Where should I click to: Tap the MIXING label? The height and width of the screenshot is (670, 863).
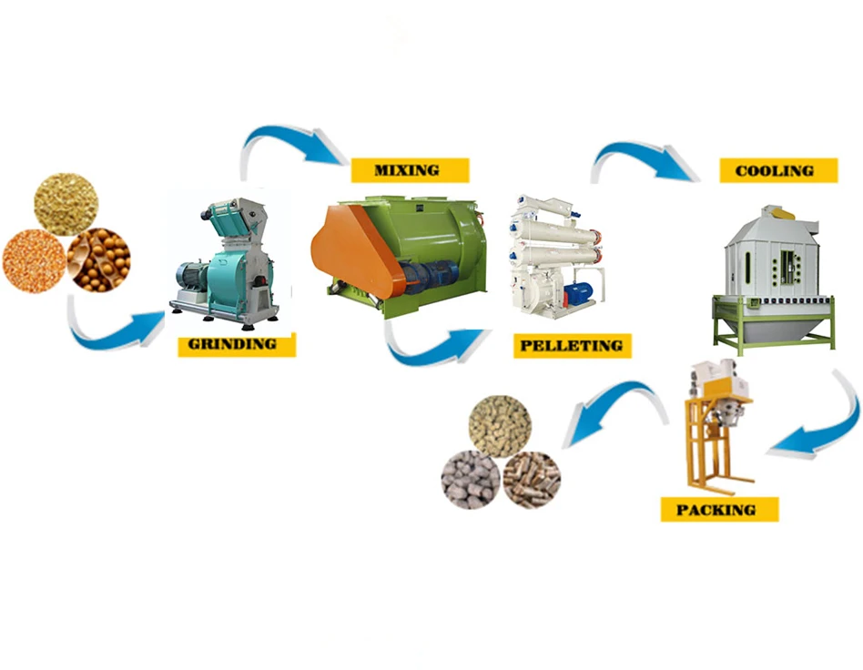(409, 170)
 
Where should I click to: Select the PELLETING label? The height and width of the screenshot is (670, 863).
(572, 346)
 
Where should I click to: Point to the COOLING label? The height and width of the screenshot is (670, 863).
(777, 170)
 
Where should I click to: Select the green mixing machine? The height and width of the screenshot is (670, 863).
(401, 250)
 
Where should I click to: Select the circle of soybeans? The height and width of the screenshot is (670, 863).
(99, 259)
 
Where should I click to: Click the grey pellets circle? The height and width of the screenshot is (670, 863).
(471, 479)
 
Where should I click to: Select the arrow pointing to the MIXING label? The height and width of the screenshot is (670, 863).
(291, 146)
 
